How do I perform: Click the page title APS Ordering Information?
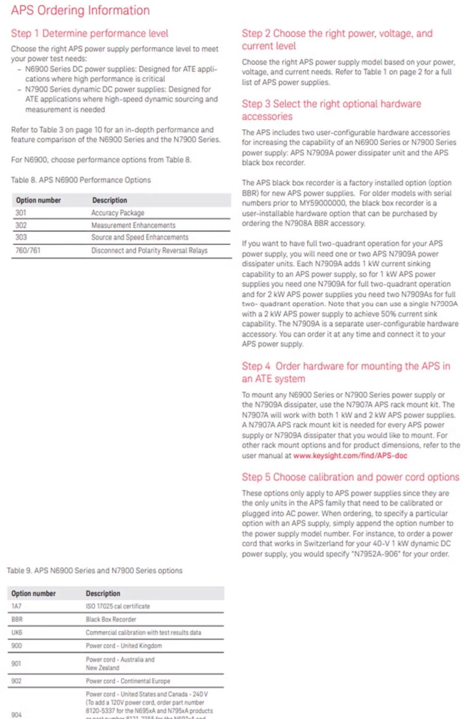(x=80, y=10)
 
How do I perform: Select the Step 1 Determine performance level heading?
(x=89, y=33)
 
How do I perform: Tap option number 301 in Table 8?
(x=21, y=213)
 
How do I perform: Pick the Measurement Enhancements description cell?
(x=133, y=225)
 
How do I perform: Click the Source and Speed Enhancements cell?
(x=140, y=237)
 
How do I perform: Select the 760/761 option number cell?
(x=28, y=250)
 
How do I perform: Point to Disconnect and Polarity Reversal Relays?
(x=149, y=250)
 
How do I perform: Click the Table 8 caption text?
(x=80, y=180)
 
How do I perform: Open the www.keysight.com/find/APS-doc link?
(x=350, y=455)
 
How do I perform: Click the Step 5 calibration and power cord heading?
(x=350, y=477)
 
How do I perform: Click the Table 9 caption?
(x=94, y=570)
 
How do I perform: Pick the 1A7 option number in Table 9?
(x=16, y=606)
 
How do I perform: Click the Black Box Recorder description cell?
(x=111, y=619)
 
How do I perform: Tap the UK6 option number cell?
(x=17, y=632)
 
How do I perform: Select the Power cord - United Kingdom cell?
(x=123, y=646)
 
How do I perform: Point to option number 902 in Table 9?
(x=16, y=681)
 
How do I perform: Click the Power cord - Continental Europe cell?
(x=128, y=681)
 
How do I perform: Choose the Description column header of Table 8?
(x=110, y=200)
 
